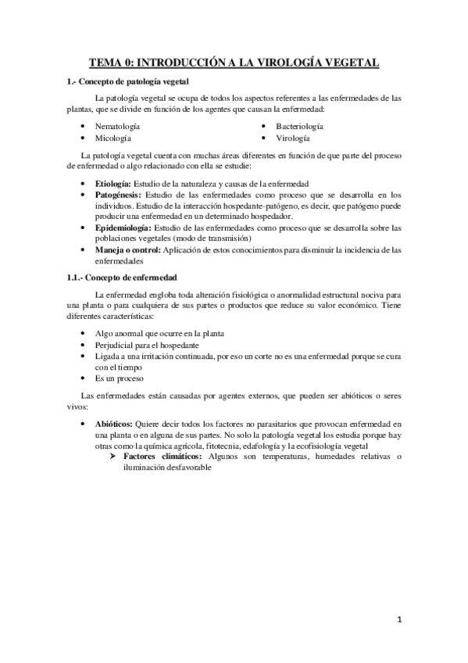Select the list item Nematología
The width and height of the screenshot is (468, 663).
click(x=117, y=126)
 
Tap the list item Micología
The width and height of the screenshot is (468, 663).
click(x=113, y=138)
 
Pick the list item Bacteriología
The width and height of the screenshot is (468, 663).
click(x=304, y=126)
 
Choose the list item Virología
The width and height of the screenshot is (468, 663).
click(x=294, y=138)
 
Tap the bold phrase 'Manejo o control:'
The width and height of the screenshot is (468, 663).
click(x=127, y=249)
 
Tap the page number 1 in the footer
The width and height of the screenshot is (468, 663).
click(x=398, y=619)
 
